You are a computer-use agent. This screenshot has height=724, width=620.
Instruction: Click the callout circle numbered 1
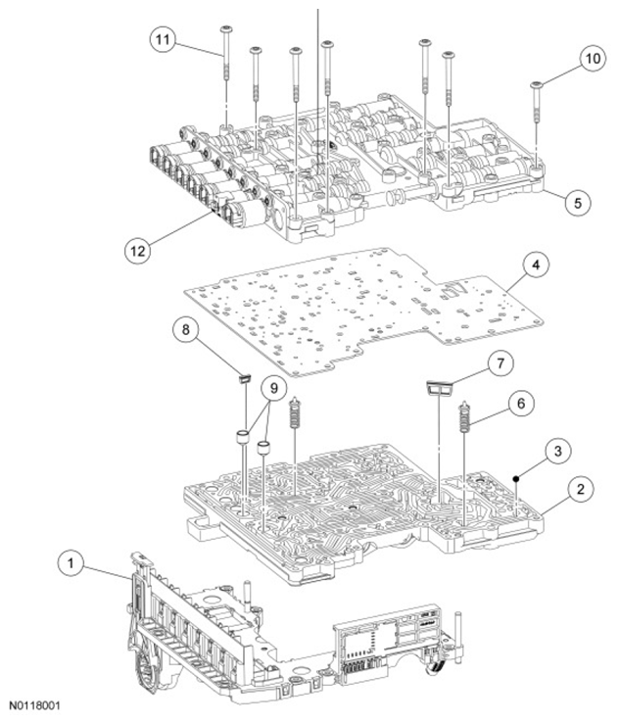[x=71, y=563]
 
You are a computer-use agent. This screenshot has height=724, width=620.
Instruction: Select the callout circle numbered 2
[x=580, y=489]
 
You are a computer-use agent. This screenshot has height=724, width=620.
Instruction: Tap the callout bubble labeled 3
[x=557, y=451]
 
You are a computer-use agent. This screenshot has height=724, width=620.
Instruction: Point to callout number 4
[x=536, y=265]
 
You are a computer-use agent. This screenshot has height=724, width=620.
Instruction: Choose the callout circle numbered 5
[x=578, y=202]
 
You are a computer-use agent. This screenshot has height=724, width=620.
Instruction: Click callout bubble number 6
[x=521, y=403]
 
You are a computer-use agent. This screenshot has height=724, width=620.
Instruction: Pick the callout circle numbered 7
[x=501, y=363]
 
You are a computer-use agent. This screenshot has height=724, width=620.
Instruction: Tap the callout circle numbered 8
[x=185, y=329]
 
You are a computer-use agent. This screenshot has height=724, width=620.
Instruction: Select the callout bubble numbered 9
[x=274, y=388]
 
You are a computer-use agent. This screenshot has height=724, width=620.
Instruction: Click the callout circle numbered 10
[x=593, y=59]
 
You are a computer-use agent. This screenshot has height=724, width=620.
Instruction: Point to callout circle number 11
[x=163, y=39]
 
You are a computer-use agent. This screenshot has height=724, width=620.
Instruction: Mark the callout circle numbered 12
[x=137, y=251]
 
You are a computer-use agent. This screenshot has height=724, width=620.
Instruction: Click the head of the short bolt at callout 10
[x=536, y=84]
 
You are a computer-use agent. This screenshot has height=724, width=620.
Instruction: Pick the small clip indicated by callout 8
[x=244, y=379]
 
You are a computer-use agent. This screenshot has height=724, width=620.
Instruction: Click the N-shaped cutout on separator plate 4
[x=451, y=290]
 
